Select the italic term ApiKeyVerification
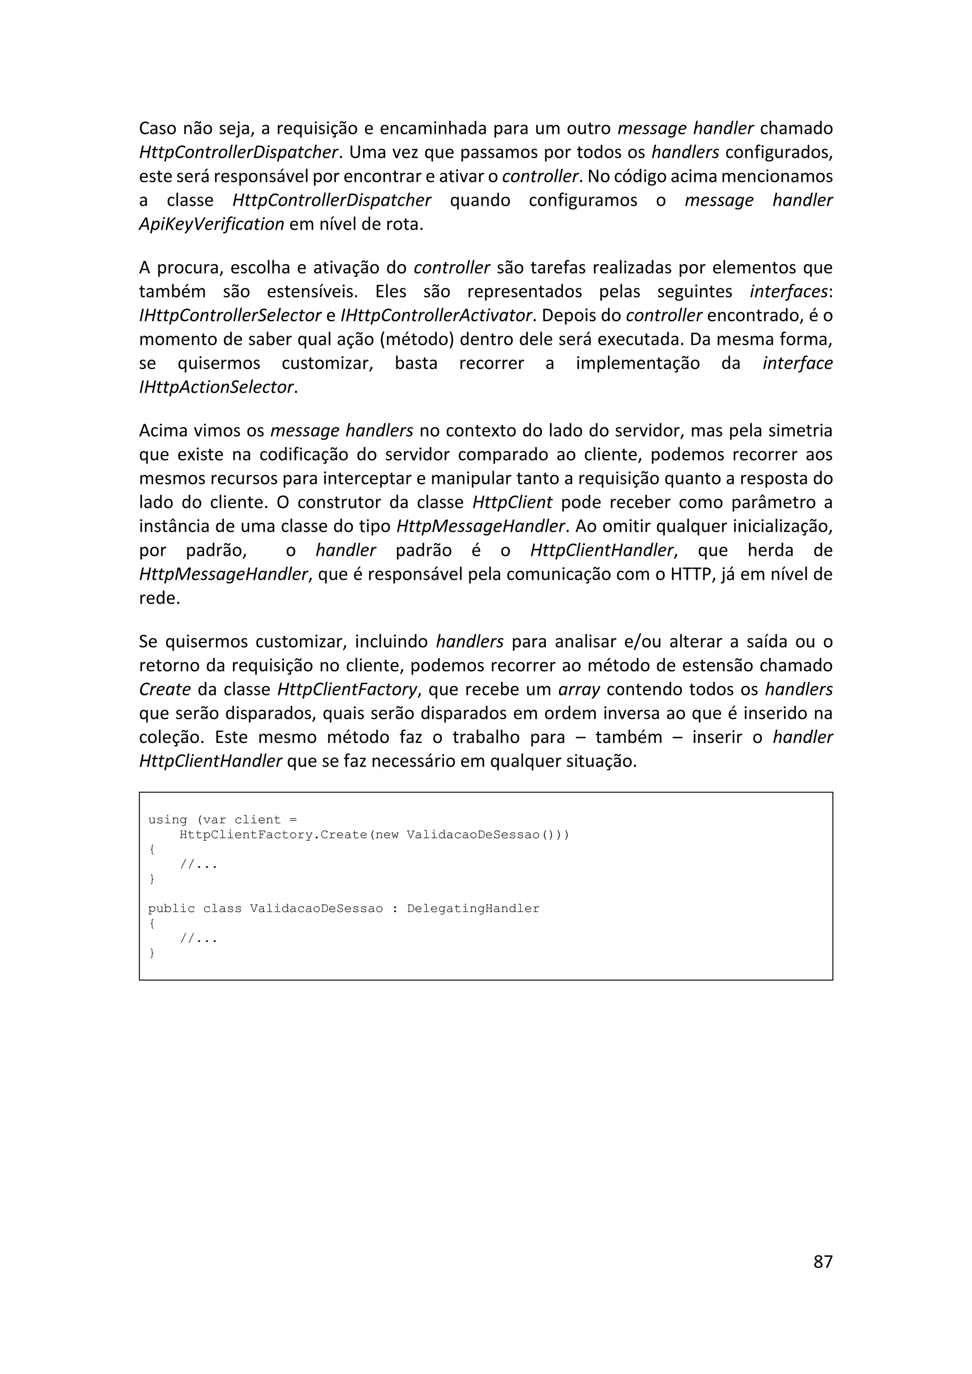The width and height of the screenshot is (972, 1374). tap(211, 224)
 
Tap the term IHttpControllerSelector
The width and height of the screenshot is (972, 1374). tap(230, 316)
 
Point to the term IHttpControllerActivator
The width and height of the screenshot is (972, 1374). tap(436, 316)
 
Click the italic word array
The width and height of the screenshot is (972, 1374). tap(579, 689)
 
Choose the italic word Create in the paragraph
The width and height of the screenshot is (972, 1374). tap(165, 689)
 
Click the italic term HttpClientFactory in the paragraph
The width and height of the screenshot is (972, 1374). tap(347, 689)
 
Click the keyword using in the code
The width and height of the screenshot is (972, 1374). tap(168, 820)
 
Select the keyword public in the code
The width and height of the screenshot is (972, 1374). tap(172, 909)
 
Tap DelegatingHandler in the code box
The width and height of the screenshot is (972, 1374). tap(473, 909)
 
